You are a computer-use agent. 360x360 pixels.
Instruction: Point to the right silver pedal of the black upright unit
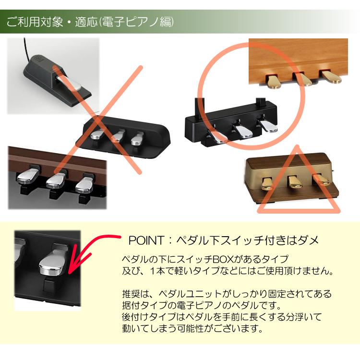tap(267, 125)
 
